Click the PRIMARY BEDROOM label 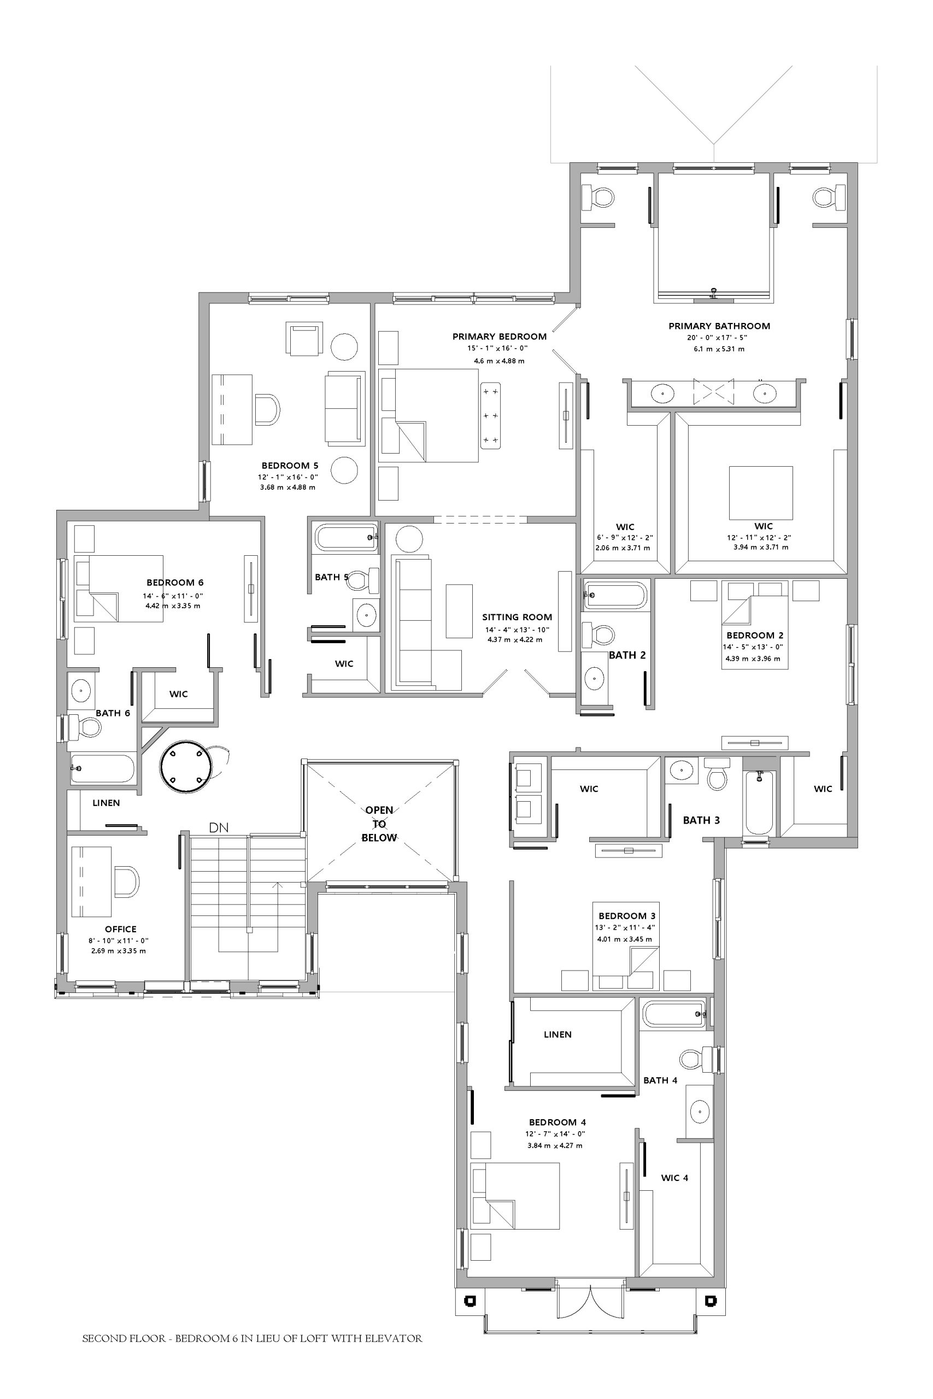coord(499,337)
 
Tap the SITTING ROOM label coord(517,618)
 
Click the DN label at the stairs coord(219,827)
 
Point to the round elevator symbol coord(186,766)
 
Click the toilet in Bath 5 coord(363,580)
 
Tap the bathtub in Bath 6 coord(102,768)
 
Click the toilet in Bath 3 coord(717,773)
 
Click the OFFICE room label coord(121,929)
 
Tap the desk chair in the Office coord(126,881)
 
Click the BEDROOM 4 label coord(558,1122)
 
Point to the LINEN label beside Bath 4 coord(558,1034)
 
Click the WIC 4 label coord(675,1178)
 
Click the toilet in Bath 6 coord(83,726)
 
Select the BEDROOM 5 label coord(290,466)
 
